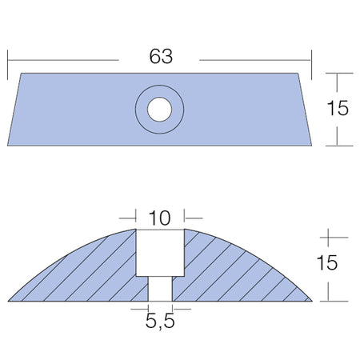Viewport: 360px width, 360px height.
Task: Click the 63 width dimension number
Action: (161, 56)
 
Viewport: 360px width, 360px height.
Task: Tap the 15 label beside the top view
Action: (338, 108)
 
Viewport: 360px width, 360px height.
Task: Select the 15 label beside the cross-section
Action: (327, 262)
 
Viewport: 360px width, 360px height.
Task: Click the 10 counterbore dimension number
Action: (159, 218)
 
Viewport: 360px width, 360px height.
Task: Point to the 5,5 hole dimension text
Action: (160, 322)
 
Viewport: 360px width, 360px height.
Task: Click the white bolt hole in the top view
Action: (159, 110)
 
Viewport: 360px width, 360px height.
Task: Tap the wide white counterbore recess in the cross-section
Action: (160, 253)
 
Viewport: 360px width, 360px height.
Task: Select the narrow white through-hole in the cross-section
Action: (160, 289)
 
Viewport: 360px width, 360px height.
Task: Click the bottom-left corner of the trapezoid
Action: (8, 146)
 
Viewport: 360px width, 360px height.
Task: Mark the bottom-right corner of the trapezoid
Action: (311, 146)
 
